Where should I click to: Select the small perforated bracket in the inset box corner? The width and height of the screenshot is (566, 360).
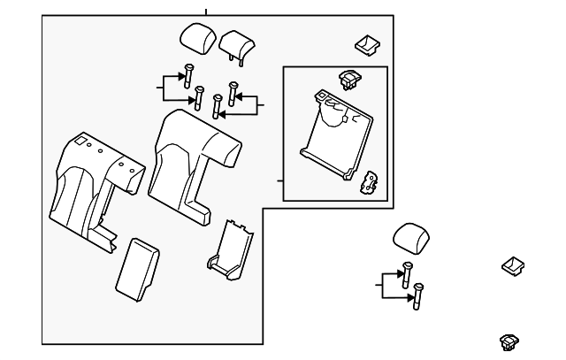(370, 180)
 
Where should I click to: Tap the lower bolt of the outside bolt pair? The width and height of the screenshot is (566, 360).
(418, 295)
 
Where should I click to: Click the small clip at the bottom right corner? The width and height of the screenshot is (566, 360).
(509, 339)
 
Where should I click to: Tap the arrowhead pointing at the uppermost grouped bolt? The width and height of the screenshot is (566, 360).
(181, 76)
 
